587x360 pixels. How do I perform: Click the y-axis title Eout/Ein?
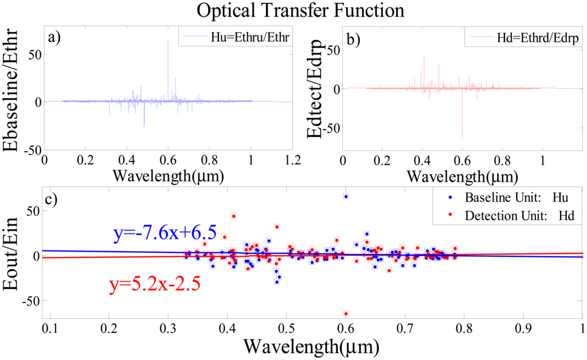15,257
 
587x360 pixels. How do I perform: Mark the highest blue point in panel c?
346,197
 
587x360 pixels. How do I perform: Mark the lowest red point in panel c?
346,314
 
